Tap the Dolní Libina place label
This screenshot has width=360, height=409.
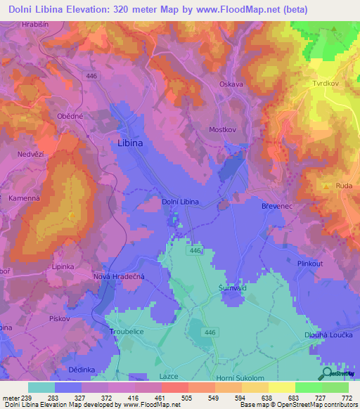click(x=180, y=202)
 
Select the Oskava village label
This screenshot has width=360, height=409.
click(x=231, y=84)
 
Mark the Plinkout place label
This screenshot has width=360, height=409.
click(x=309, y=264)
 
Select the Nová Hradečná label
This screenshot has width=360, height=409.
click(x=119, y=277)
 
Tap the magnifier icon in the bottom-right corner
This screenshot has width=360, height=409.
click(x=328, y=375)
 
